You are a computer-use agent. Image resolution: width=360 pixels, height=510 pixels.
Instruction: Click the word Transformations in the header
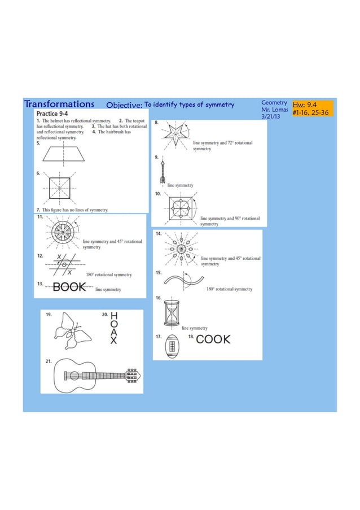coord(59,104)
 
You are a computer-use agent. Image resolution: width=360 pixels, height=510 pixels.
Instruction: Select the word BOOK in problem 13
coord(69,287)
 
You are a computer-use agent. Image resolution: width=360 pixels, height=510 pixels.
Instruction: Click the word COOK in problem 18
coord(213,339)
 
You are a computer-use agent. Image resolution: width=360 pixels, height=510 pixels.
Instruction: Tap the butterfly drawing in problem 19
coord(71,333)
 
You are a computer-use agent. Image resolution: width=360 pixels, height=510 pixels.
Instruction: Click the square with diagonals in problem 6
coord(59,188)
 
